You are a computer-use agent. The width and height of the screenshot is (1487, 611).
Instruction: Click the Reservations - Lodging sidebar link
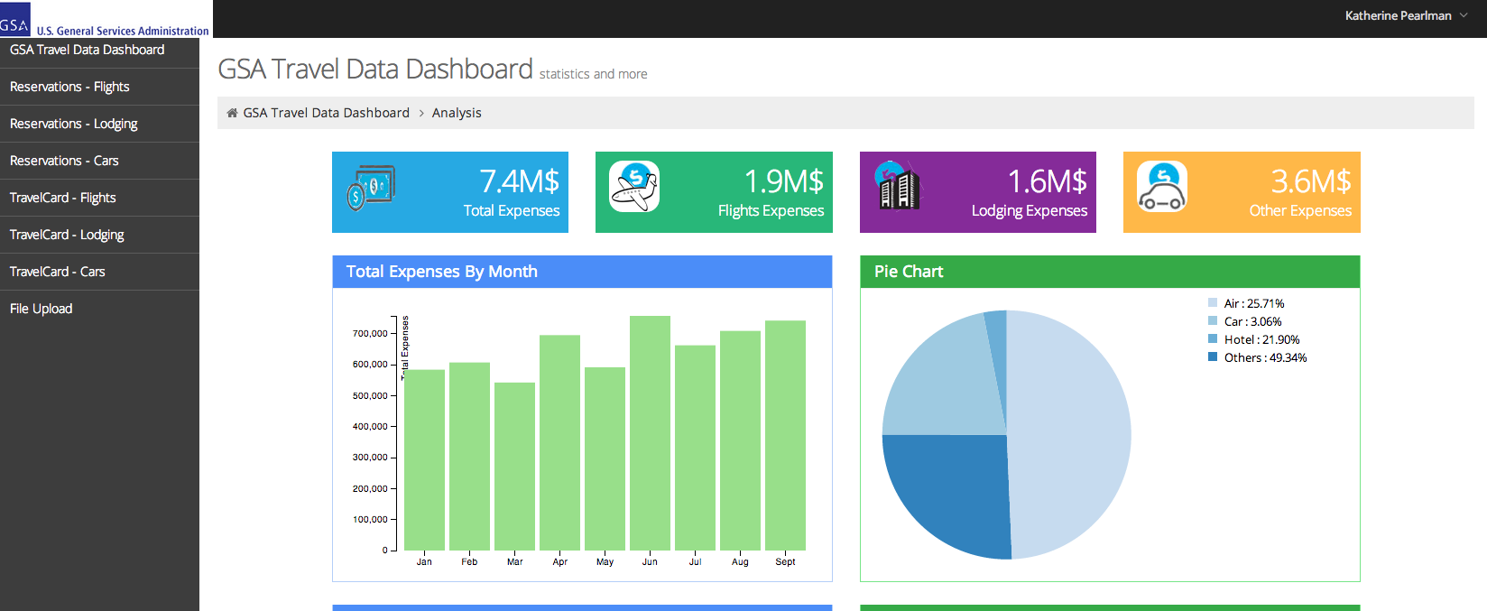[x=74, y=124]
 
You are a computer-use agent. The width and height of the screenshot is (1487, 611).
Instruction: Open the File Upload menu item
[x=42, y=309]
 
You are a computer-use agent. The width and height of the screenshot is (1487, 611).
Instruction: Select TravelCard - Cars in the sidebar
[x=58, y=272]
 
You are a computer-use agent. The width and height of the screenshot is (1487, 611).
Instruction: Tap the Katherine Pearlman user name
[x=1398, y=15]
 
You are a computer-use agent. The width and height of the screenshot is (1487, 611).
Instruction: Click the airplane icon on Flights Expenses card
[x=634, y=187]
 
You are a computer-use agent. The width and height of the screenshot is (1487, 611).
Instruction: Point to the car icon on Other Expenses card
[x=1161, y=187]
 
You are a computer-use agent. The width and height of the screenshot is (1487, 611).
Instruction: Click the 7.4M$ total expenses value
[x=519, y=181]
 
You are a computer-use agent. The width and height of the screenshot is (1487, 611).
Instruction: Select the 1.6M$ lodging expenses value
[x=1047, y=181]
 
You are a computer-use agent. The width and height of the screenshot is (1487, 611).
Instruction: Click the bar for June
[x=650, y=433]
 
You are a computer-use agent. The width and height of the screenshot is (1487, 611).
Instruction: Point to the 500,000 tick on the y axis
[x=370, y=396]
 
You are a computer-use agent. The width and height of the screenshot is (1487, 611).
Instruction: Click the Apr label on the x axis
[x=559, y=562]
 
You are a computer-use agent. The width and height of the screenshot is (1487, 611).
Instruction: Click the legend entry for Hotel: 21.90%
[x=1261, y=340]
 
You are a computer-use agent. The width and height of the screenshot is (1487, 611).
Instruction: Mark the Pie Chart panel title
[x=909, y=272]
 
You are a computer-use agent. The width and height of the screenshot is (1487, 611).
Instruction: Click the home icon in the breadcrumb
[x=232, y=113]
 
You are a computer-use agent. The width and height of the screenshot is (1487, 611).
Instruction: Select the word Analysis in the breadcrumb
[x=457, y=113]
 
